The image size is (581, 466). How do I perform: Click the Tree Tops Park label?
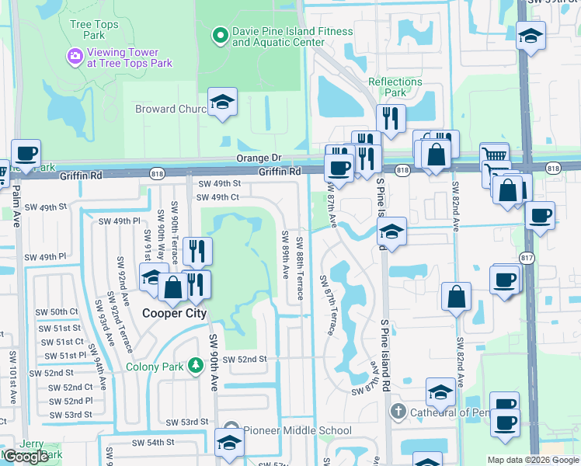[x=94, y=30]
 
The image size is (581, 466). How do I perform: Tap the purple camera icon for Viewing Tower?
[x=75, y=55]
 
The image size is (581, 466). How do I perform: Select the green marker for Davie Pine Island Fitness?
[x=220, y=36]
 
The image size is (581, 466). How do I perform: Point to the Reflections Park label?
[x=395, y=87]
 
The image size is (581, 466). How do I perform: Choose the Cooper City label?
[x=174, y=313]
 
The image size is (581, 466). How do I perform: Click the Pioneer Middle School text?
[x=298, y=430]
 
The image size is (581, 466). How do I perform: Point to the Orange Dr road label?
[x=259, y=158]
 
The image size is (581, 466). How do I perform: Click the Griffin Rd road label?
[x=279, y=171]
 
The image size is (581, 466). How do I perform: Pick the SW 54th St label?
[x=153, y=442]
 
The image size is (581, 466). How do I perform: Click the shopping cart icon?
[x=493, y=155]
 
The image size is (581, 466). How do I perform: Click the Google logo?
[x=25, y=457]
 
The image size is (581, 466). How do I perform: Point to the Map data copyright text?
[x=533, y=460]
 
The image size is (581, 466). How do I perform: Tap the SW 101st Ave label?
[x=12, y=377]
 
